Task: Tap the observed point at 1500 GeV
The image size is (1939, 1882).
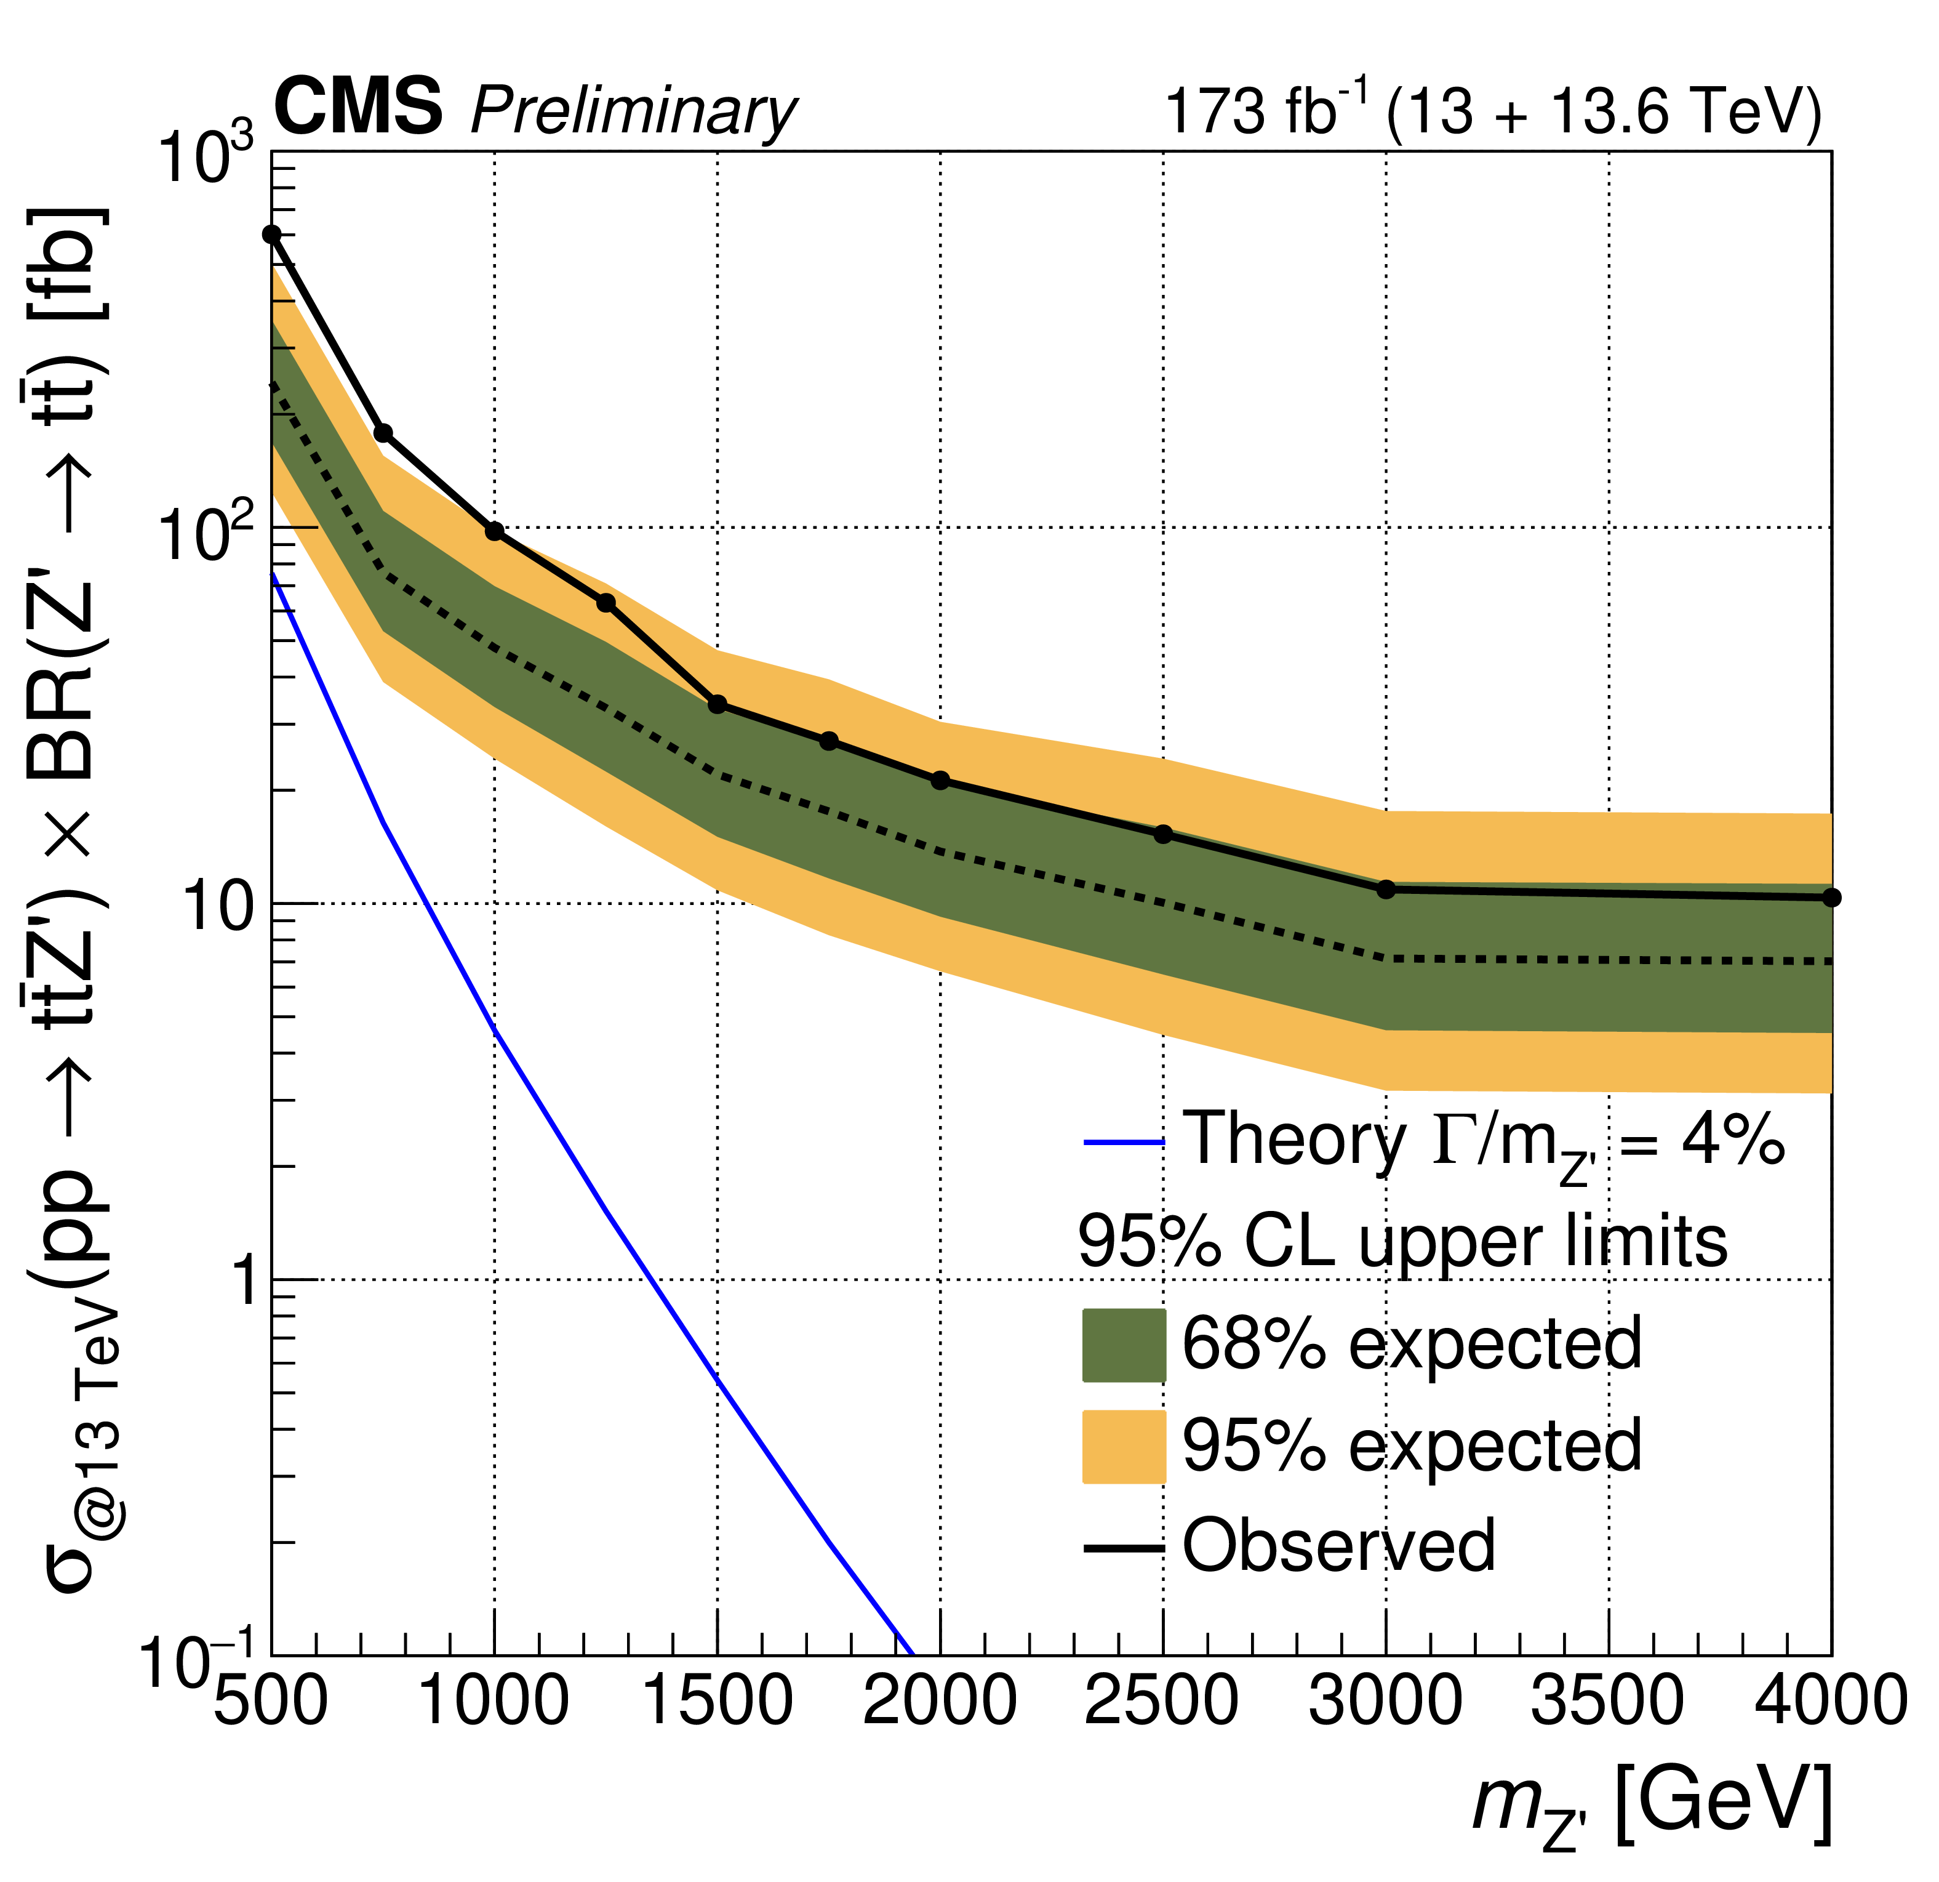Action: (x=718, y=704)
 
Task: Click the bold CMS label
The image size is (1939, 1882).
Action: (x=358, y=107)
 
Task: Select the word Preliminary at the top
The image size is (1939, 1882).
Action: (x=633, y=111)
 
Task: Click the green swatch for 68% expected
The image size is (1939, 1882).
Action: (x=1124, y=1346)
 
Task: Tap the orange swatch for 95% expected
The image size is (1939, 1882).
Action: (x=1124, y=1447)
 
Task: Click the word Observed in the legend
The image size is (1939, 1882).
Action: (x=1338, y=1546)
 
